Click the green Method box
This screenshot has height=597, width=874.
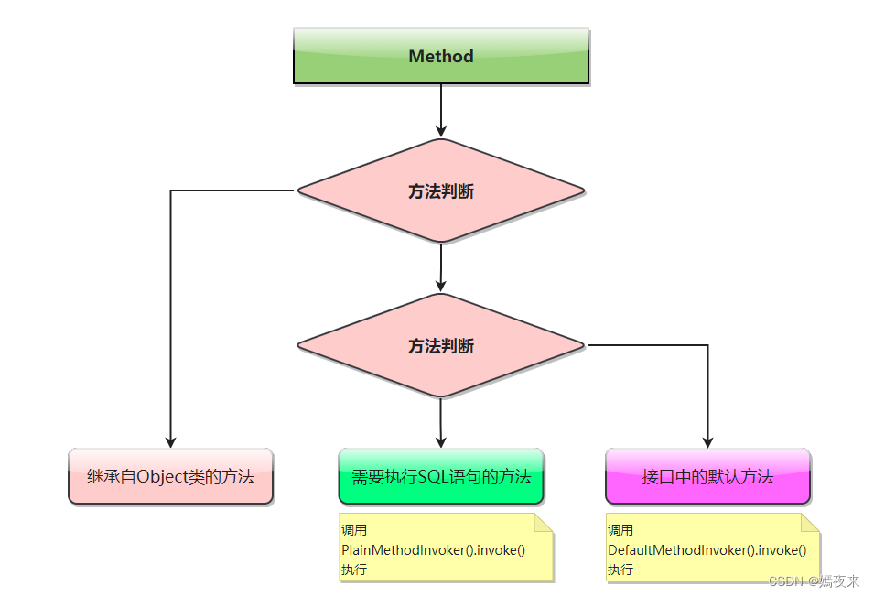[x=440, y=56]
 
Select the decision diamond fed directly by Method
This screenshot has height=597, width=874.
[x=440, y=191]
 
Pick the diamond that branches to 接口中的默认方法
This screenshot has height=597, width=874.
[x=440, y=346]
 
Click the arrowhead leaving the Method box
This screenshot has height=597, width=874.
[x=441, y=130]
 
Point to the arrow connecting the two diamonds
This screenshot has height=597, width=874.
[x=441, y=267]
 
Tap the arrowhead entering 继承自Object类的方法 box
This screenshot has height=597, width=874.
[x=171, y=440]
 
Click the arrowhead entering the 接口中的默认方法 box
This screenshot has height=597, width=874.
[x=708, y=440]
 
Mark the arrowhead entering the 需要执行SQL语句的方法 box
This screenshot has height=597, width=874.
[x=441, y=440]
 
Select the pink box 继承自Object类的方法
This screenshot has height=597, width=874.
[x=171, y=476]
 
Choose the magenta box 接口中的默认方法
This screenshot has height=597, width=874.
[x=707, y=476]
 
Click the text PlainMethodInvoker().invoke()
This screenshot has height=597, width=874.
[x=433, y=550]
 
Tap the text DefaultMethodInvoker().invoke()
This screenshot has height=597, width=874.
[x=707, y=550]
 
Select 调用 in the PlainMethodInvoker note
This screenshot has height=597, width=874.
[x=353, y=530]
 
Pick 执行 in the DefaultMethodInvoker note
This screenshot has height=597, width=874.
[x=620, y=570]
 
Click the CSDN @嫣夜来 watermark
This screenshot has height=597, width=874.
[x=815, y=581]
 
